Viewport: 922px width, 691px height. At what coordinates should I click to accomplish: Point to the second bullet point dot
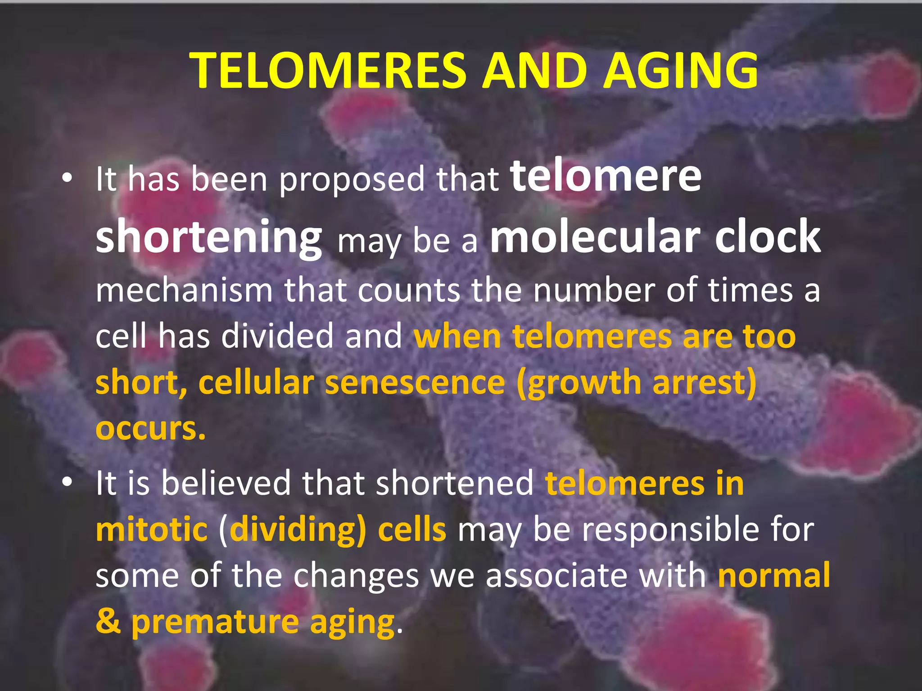(x=67, y=483)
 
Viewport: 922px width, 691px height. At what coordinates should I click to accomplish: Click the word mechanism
(x=184, y=290)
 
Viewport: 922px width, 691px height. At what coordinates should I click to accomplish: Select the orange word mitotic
(x=151, y=529)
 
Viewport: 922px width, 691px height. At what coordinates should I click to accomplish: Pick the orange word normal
(x=774, y=575)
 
